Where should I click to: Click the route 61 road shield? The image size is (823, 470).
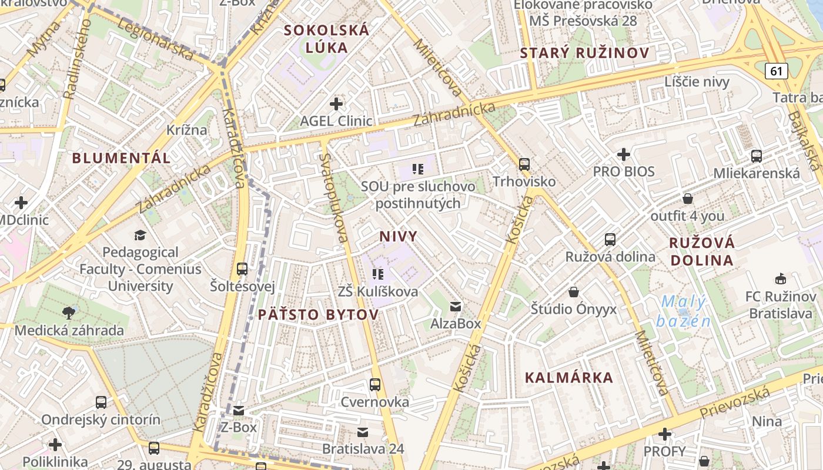(x=777, y=71)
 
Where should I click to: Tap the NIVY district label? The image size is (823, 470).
(x=398, y=237)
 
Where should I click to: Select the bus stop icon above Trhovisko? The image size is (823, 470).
(x=524, y=164)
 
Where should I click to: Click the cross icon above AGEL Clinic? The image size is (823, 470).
(x=336, y=104)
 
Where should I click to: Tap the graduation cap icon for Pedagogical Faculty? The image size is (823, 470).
(x=140, y=235)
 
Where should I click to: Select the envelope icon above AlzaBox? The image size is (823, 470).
(x=456, y=306)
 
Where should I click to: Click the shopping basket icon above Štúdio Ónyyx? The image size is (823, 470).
(x=574, y=292)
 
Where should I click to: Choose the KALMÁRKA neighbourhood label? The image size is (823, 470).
(x=568, y=378)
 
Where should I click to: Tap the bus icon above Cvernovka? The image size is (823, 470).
(x=375, y=385)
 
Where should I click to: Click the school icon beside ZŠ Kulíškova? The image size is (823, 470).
(x=377, y=274)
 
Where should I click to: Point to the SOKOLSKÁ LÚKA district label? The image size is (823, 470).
(x=327, y=39)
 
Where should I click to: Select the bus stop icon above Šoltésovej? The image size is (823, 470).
(x=242, y=269)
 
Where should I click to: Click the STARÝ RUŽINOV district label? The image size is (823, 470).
(x=584, y=53)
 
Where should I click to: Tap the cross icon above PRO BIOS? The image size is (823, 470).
(x=624, y=155)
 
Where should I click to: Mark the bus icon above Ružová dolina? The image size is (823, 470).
(x=610, y=239)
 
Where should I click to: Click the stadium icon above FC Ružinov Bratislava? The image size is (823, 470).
(x=781, y=278)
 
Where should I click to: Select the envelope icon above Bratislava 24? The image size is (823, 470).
(x=363, y=432)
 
